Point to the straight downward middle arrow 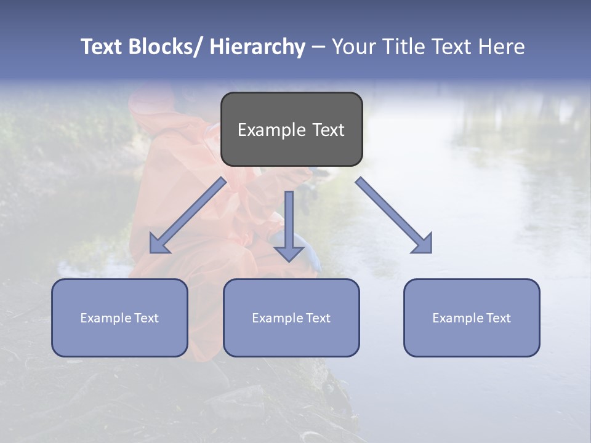coord(289,225)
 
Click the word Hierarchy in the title coord(257,47)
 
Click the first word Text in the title coord(103,47)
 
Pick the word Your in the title coord(354,47)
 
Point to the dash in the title coord(318,47)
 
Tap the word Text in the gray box coord(328,130)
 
